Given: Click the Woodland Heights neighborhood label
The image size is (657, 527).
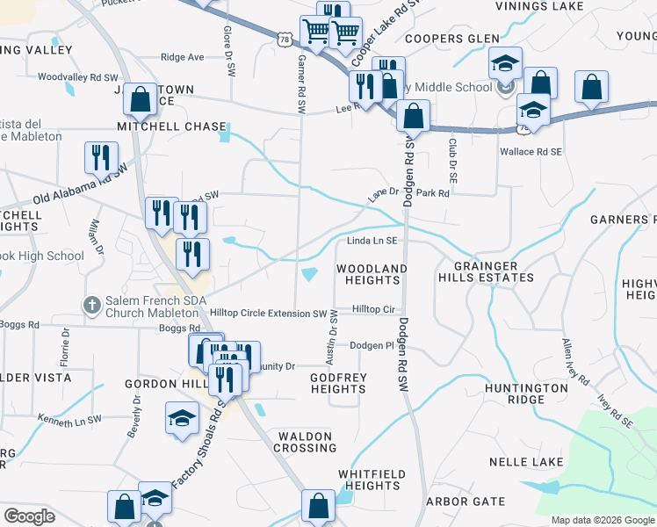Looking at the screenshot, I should pyautogui.click(x=372, y=274).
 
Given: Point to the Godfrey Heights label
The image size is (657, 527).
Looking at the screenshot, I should pyautogui.click(x=338, y=383).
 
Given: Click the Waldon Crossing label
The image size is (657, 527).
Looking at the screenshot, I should pyautogui.click(x=306, y=442).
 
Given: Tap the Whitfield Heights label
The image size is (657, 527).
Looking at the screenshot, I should pyautogui.click(x=372, y=480).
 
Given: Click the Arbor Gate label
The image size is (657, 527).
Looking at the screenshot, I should pyautogui.click(x=465, y=502).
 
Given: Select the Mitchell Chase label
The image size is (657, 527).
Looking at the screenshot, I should pyautogui.click(x=178, y=126).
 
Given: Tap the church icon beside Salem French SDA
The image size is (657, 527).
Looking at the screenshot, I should pyautogui.click(x=90, y=305).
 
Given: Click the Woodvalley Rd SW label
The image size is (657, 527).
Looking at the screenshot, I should pyautogui.click(x=71, y=76).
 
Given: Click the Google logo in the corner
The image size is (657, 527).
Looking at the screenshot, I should pyautogui.click(x=30, y=516).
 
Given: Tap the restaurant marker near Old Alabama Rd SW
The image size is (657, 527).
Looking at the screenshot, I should pyautogui.click(x=101, y=157).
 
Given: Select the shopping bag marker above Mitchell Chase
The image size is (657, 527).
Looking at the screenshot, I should pyautogui.click(x=141, y=100).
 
